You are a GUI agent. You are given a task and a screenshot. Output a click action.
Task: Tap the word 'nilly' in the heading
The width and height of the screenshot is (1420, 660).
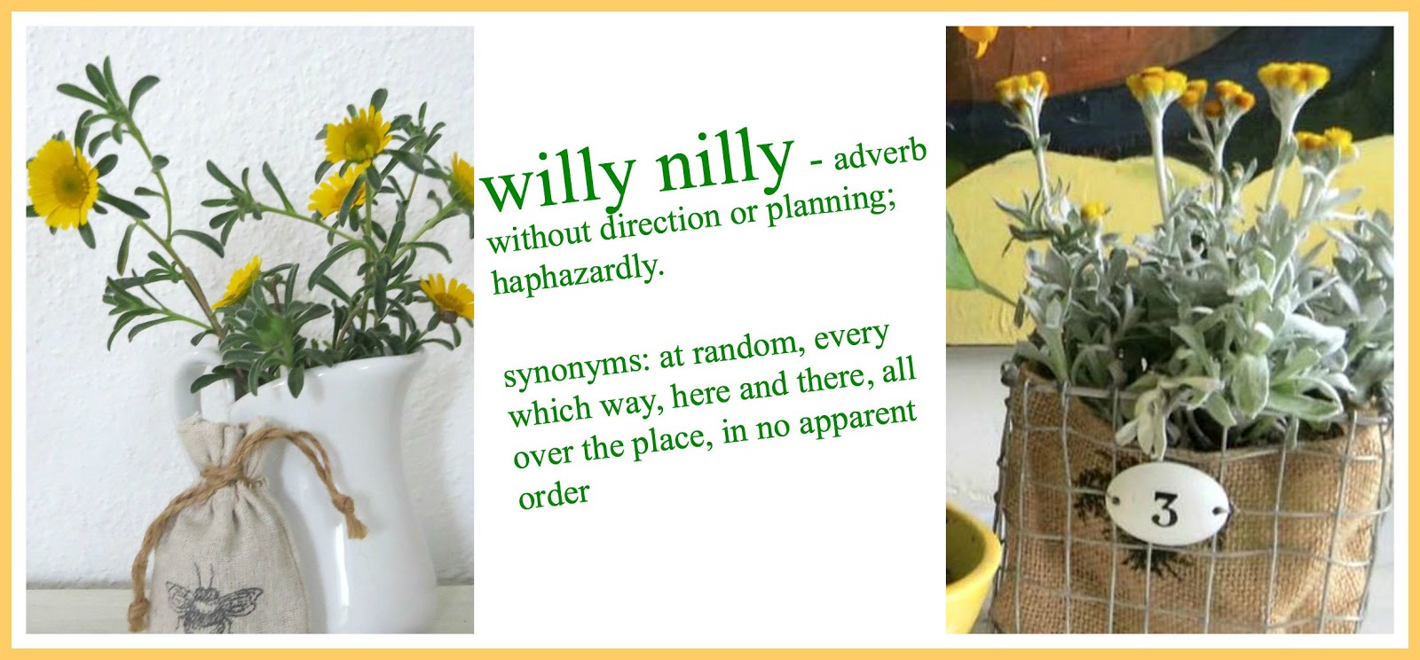pos(724,160)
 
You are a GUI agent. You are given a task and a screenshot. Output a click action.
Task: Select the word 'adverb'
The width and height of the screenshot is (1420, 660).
pos(880,155)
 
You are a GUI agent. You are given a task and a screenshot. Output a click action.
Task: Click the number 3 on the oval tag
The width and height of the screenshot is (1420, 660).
pos(1165,508)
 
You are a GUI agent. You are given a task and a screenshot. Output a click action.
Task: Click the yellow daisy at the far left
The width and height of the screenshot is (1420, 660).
pos(62,183)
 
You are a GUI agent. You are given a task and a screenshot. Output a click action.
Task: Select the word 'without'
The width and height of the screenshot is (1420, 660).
pos(539,235)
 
